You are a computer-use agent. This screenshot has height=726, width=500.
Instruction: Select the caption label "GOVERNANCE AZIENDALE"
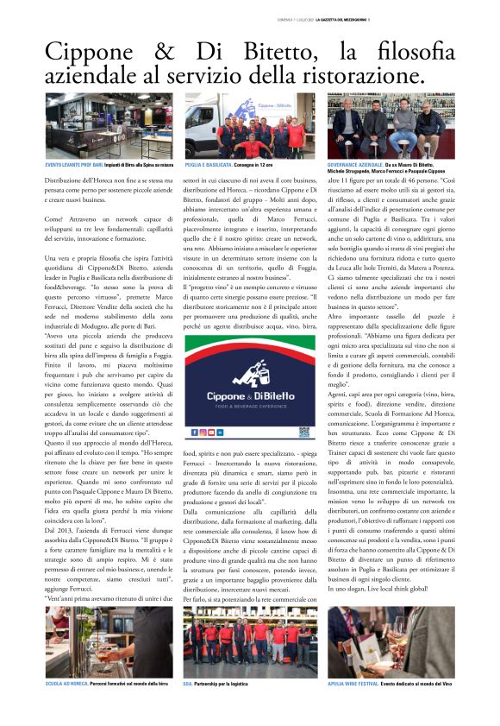355,164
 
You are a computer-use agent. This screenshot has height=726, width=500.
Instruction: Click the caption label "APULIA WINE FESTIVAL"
353,683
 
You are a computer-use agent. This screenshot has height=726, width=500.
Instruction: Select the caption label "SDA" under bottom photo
188,683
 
